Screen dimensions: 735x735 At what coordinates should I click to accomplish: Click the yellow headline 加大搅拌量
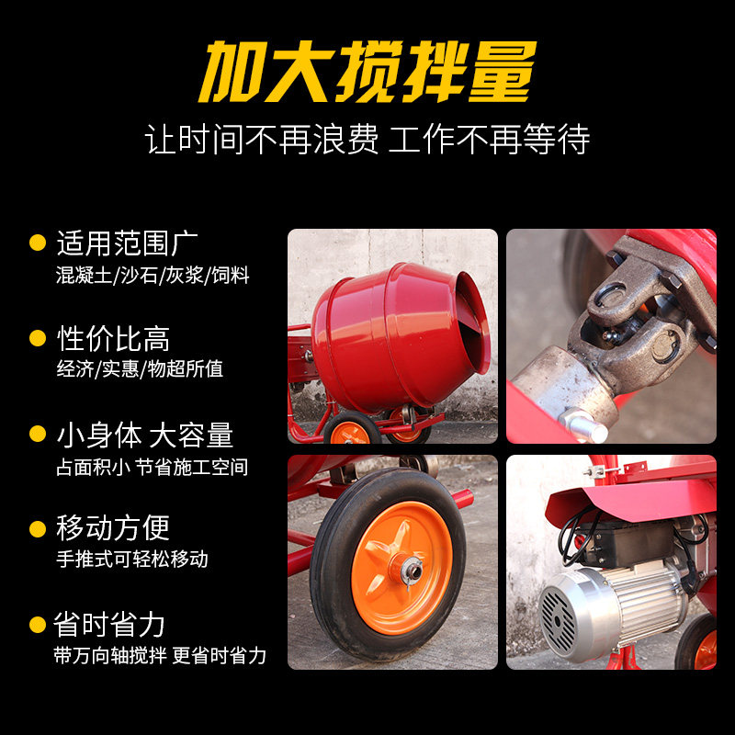tap(367, 71)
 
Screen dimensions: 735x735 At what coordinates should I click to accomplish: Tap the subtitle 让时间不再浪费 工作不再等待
tap(367, 140)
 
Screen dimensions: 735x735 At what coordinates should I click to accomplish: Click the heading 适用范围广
tap(128, 243)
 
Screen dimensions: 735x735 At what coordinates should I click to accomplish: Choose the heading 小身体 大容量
tap(145, 435)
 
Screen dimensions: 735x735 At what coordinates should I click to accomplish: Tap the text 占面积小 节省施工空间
tap(153, 467)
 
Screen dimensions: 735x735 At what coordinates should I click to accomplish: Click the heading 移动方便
tap(113, 528)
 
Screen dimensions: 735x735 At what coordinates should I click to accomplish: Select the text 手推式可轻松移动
tap(132, 559)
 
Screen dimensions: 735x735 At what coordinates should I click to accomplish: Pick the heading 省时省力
tap(110, 625)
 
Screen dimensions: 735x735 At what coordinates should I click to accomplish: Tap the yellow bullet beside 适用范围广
tap(38, 243)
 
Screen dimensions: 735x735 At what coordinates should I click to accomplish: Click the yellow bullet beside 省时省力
tap(38, 626)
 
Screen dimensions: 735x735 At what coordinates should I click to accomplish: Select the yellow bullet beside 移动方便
tap(38, 529)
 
